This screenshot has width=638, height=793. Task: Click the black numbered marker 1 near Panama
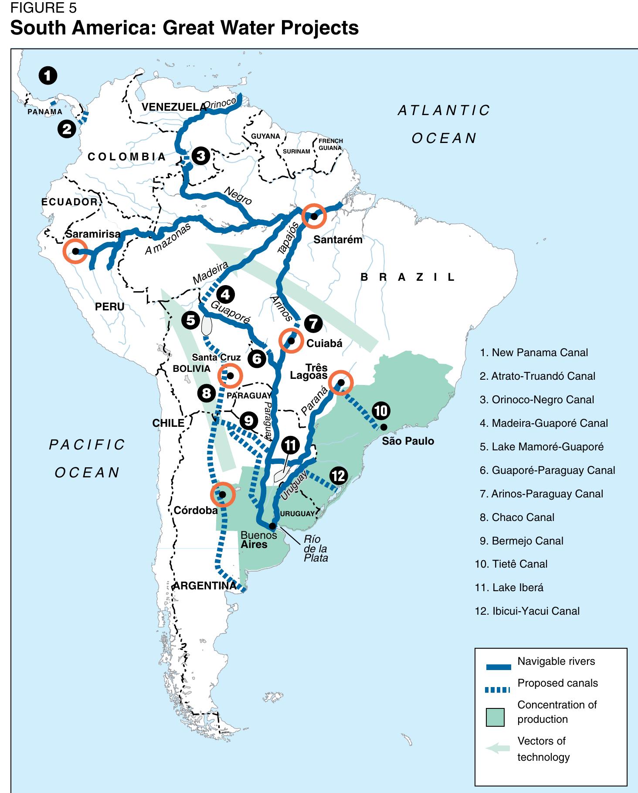48,76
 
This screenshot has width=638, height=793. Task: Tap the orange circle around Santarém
314,216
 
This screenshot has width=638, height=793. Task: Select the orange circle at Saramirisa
75,251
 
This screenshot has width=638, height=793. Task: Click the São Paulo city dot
383,427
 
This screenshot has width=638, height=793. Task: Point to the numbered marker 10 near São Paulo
380,411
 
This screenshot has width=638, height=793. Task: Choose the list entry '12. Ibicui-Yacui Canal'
527,611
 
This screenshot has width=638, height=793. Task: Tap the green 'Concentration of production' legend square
495,717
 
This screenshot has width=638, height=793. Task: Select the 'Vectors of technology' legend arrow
498,749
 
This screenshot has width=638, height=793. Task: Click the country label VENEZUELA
173,107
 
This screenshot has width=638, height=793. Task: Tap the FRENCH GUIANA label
330,144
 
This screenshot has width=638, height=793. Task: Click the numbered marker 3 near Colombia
201,156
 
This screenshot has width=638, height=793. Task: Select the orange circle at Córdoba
223,494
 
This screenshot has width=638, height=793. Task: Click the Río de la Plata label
316,549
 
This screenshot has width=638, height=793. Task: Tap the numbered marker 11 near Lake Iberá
290,445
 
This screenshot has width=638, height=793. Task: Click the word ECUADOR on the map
70,202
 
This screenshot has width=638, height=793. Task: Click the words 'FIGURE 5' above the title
43,8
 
